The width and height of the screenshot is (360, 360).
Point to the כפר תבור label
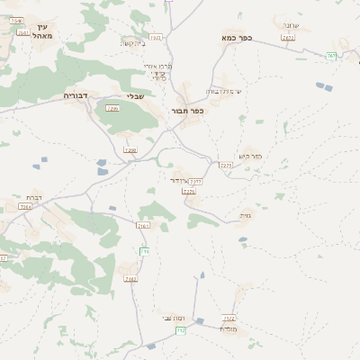(x=188, y=111)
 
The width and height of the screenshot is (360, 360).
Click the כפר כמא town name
(x=236, y=40)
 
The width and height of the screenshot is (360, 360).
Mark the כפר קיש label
(x=251, y=155)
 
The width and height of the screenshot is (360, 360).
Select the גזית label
(x=247, y=215)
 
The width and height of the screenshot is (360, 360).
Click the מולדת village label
(x=227, y=328)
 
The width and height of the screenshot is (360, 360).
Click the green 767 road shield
(x=331, y=56)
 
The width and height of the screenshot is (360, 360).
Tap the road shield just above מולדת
(x=229, y=318)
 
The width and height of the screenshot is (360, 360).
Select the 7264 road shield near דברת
(x=23, y=207)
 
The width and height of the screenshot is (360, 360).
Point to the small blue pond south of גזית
(x=243, y=240)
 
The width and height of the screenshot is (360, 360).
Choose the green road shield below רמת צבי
(x=180, y=331)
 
